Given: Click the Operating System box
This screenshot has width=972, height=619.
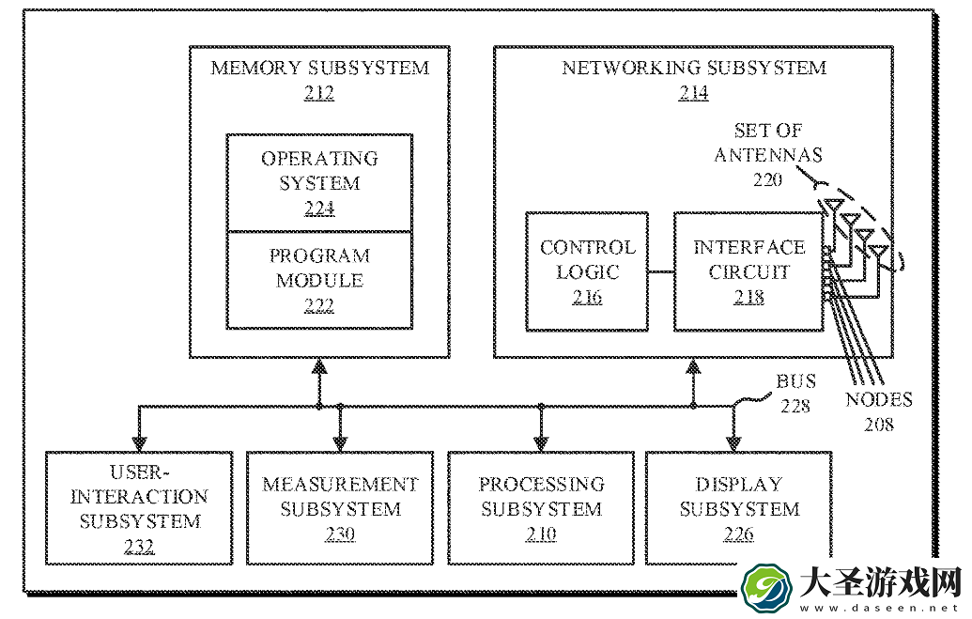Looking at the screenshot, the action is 319,183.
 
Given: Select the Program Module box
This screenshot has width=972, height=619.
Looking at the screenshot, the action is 319,280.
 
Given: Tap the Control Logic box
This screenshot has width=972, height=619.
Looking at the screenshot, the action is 587,271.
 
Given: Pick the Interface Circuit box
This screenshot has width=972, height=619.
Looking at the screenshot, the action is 748,271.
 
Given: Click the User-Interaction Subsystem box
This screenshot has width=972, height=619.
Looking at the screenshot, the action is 140,508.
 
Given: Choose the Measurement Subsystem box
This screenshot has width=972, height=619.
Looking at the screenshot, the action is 340,508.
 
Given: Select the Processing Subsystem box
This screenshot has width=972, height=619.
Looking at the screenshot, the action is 541,508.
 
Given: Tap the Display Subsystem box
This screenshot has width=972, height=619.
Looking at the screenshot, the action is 739,508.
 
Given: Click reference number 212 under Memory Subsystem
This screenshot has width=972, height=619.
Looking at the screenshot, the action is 319,93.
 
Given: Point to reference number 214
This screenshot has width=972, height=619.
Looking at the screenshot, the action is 694,93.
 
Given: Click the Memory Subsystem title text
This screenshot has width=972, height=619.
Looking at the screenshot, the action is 320,68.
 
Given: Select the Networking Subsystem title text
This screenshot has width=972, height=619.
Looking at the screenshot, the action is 694,68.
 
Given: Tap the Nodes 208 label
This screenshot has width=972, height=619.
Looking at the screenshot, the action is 879,411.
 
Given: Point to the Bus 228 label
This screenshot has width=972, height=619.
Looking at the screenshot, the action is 796,394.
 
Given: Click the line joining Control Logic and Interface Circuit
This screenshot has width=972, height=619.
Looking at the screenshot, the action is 661,271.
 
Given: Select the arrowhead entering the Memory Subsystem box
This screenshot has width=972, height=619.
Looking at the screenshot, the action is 319,366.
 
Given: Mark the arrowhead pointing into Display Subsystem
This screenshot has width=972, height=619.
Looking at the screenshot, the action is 734,443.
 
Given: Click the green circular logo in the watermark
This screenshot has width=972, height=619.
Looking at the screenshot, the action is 766,588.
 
